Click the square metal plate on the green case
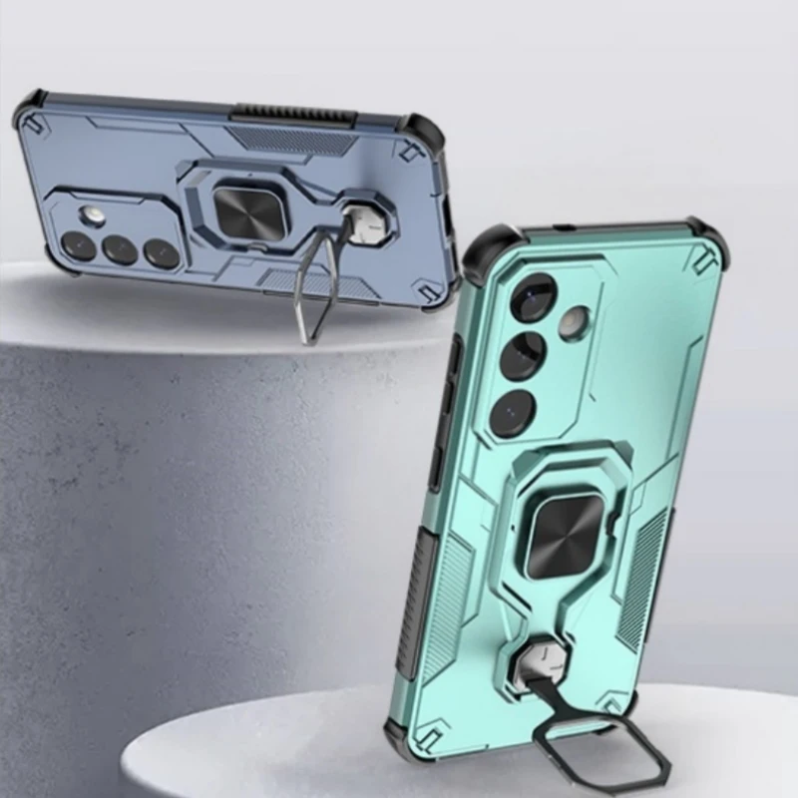551,537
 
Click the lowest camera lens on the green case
512,409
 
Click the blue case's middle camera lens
120,249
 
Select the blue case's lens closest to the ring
161,253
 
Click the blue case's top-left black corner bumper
29,107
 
